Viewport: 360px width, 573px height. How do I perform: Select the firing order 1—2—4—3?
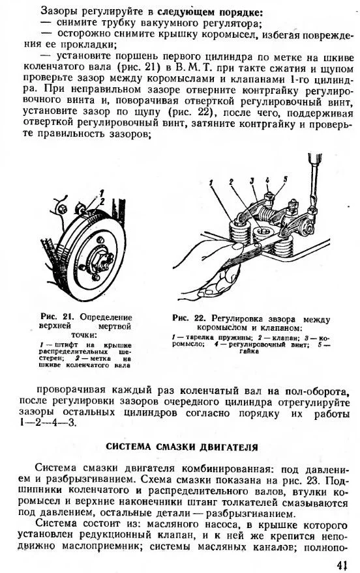(49, 425)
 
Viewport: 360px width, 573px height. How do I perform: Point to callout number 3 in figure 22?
(252, 180)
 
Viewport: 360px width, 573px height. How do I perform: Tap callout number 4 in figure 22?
(267, 180)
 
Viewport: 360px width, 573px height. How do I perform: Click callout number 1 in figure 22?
(211, 183)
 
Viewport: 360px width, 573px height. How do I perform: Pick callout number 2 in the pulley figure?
(102, 201)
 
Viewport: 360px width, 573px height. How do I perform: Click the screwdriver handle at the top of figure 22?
(315, 158)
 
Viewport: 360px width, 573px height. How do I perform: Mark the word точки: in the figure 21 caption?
(84, 335)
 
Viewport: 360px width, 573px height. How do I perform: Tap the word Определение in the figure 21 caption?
(106, 317)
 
